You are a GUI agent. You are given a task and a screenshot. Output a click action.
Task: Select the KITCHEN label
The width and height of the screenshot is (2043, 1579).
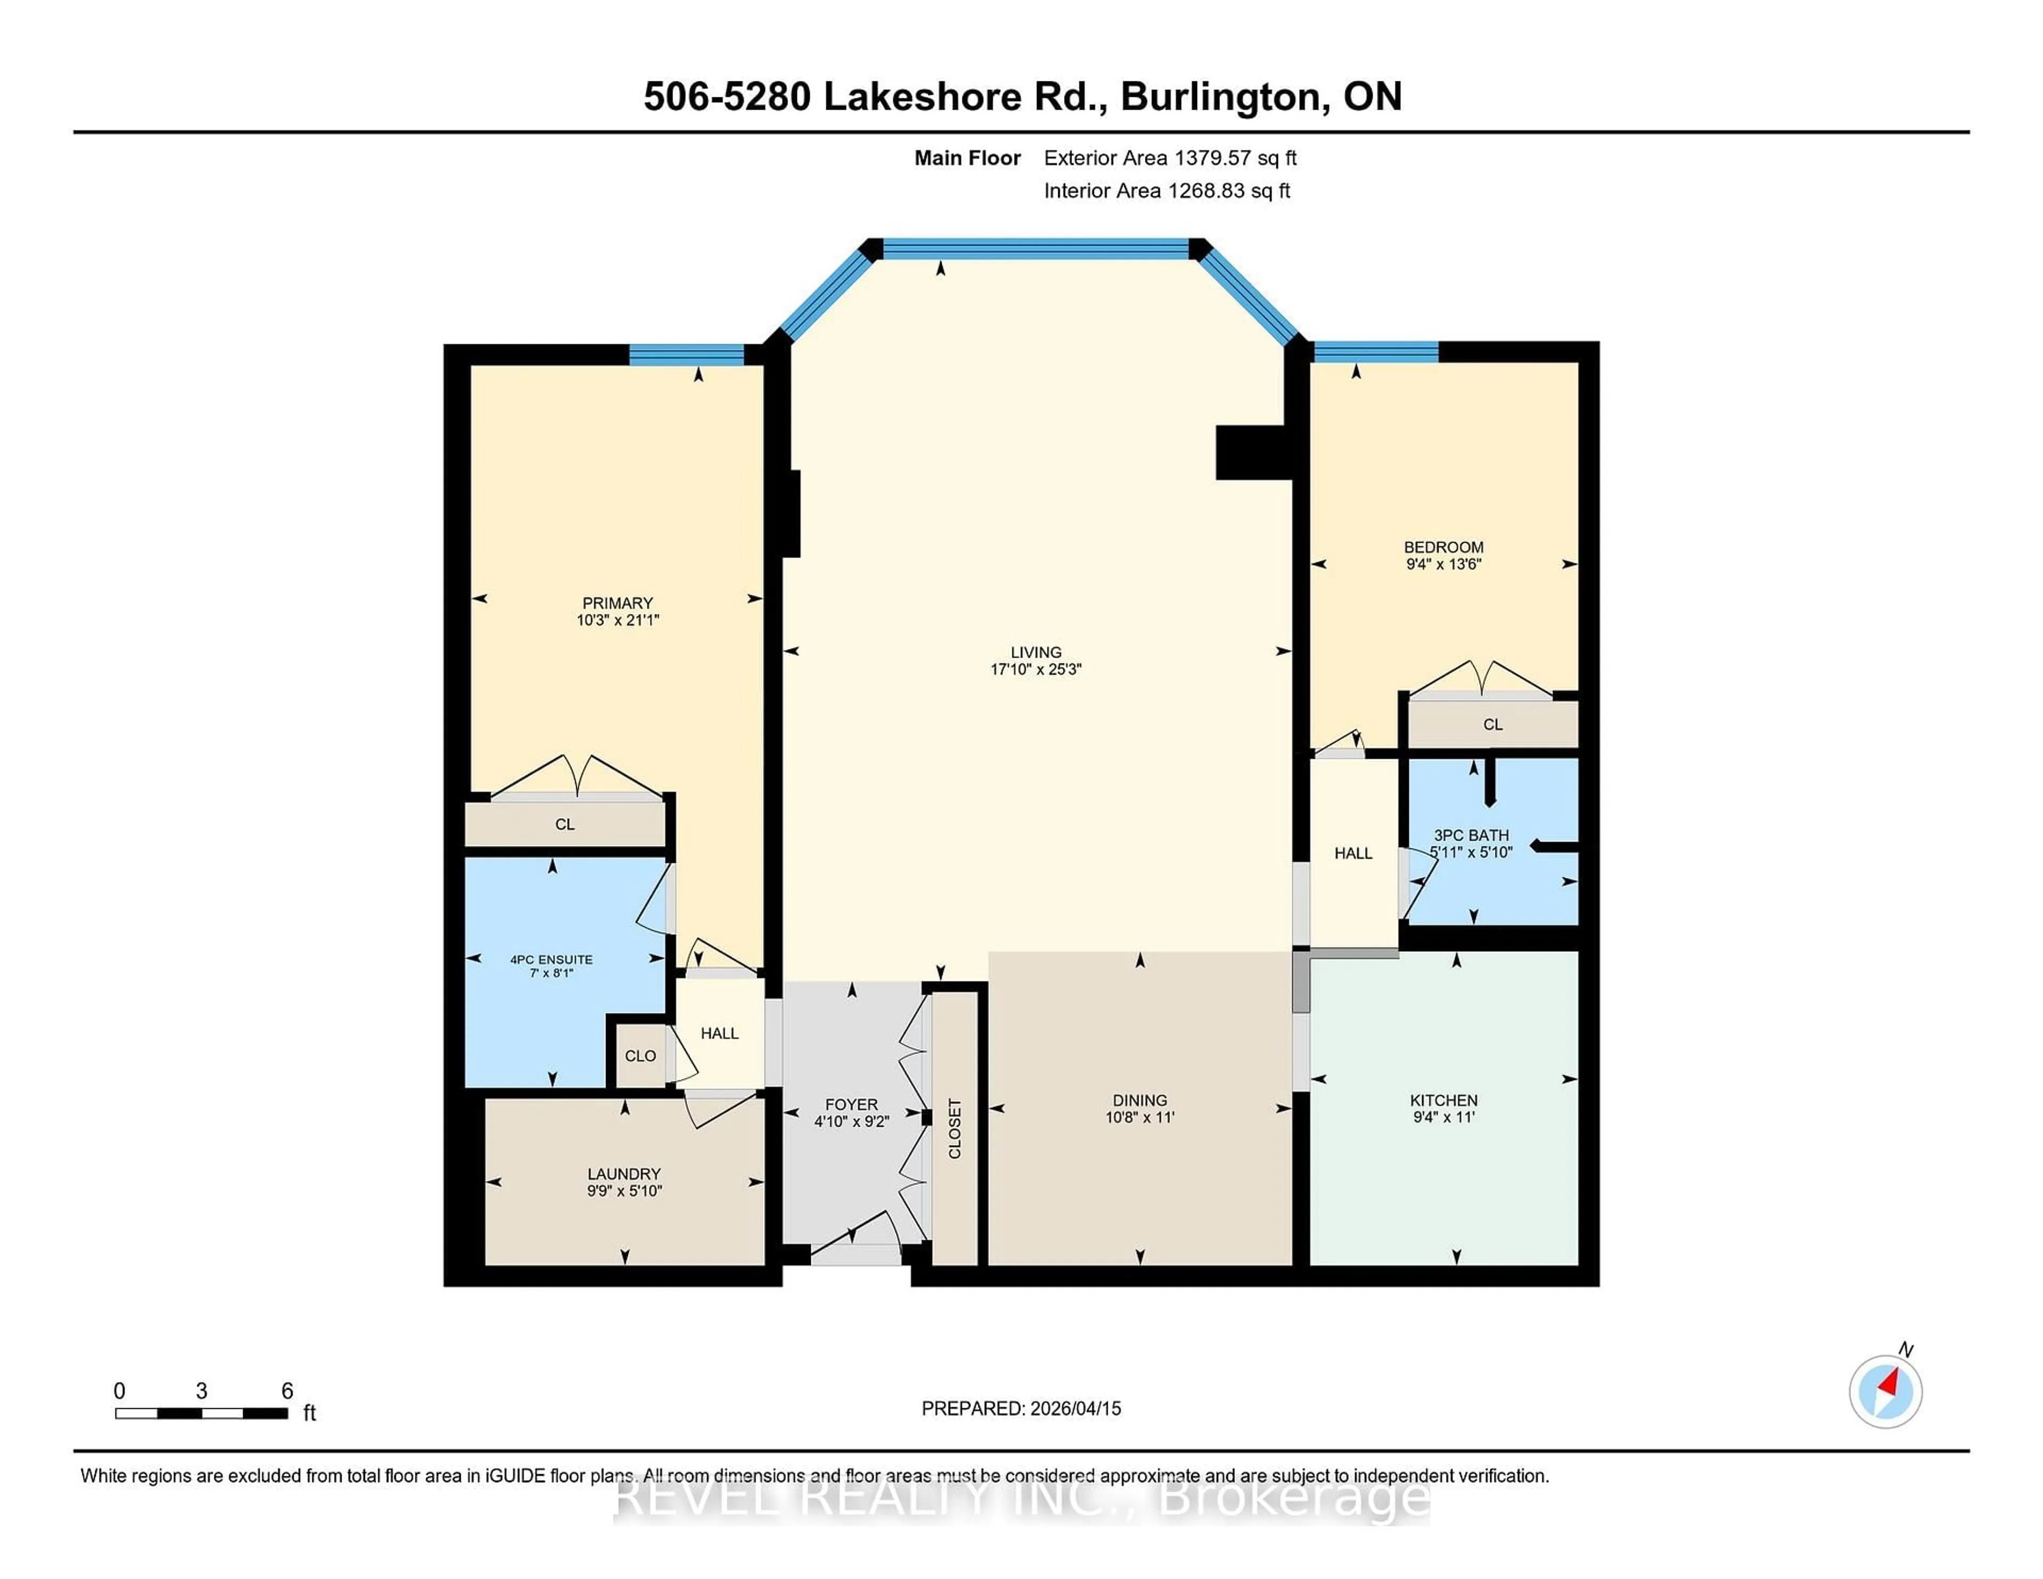[x=1443, y=1100]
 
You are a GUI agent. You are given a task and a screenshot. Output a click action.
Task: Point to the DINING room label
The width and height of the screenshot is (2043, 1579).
[x=1140, y=1100]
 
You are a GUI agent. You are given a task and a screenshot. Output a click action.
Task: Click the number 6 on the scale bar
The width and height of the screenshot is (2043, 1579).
[x=287, y=1391]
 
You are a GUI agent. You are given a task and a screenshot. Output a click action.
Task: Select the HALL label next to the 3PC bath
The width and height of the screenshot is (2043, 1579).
[x=1352, y=853]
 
